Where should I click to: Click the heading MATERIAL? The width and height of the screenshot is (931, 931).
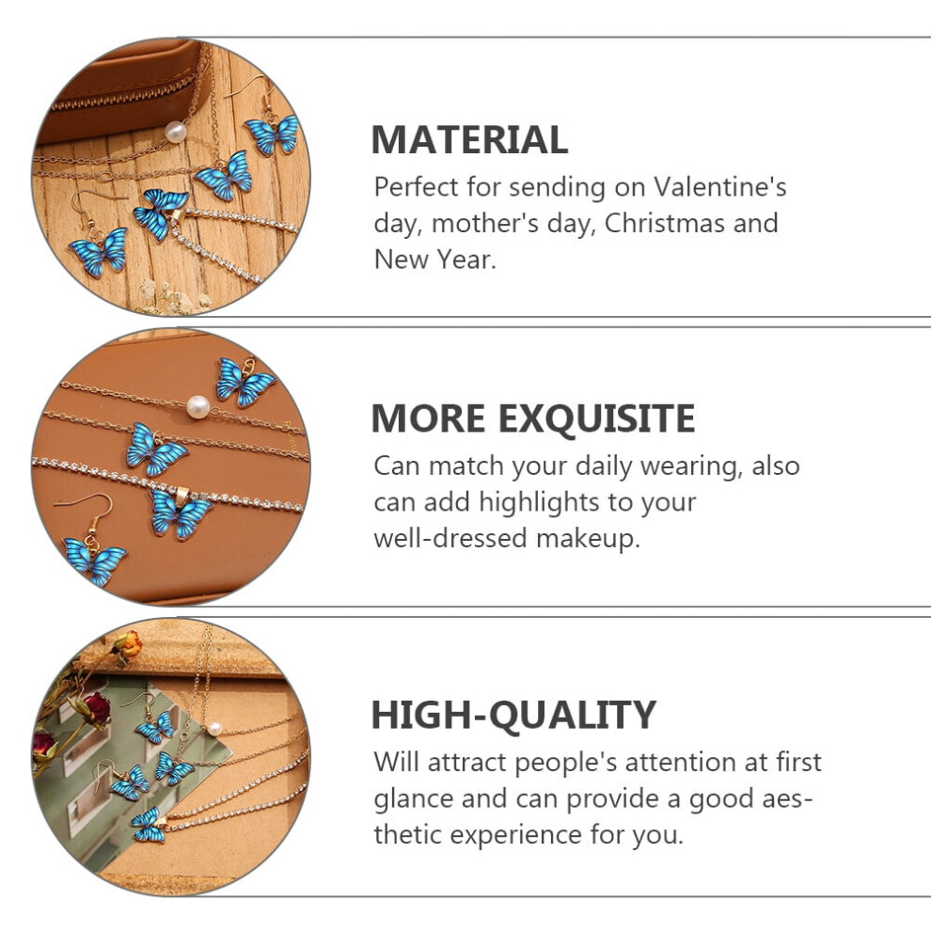coord(469,139)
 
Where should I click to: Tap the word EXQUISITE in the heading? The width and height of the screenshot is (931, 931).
coord(596,418)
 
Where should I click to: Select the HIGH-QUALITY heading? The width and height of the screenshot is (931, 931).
coord(513,715)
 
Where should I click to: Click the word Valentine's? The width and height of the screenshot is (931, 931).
coord(720,187)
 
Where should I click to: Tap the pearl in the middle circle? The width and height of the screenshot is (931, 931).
coord(197,407)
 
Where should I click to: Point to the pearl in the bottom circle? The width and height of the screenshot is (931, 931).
coord(214,729)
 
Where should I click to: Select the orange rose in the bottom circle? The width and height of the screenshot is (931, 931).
coord(129,644)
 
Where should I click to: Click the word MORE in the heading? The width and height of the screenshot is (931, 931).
coord(429,418)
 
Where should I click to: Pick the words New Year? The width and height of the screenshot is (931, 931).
coord(435,260)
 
